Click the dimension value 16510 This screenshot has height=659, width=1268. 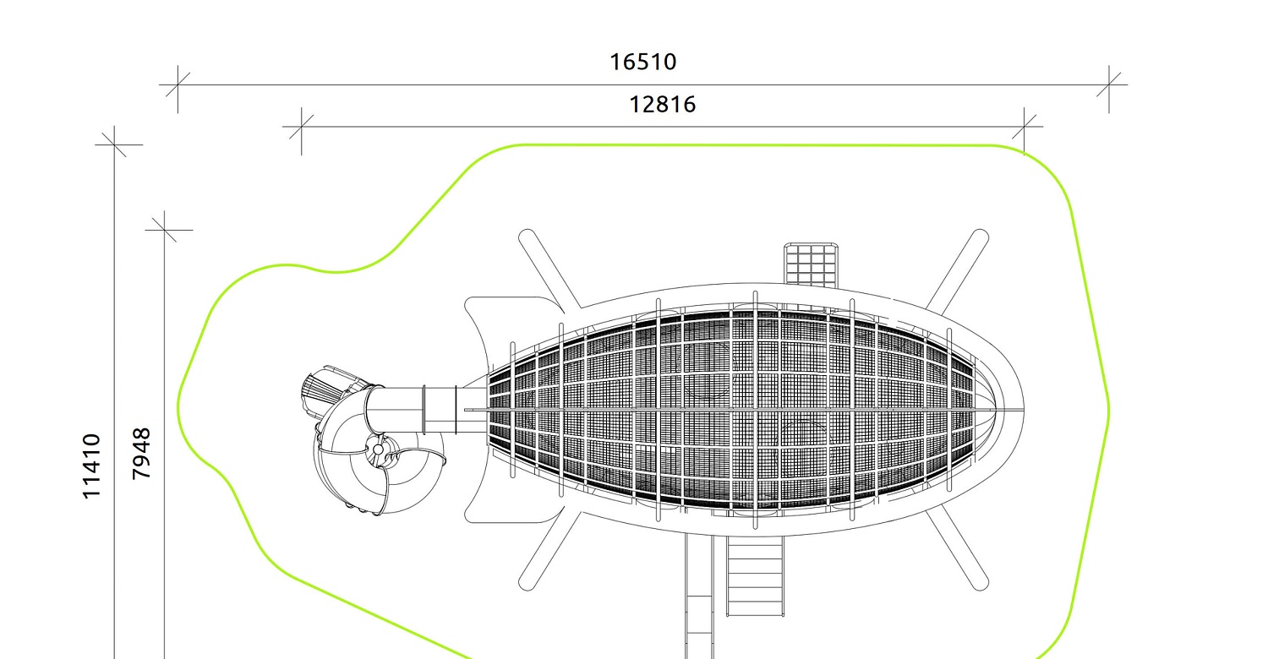click(x=642, y=62)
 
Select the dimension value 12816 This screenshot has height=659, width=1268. click(x=662, y=104)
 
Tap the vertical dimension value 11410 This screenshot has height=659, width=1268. click(x=91, y=466)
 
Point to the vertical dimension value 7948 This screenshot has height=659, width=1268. click(x=141, y=454)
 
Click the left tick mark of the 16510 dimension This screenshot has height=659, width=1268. click(x=178, y=84)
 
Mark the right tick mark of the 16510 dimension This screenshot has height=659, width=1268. click(x=1109, y=84)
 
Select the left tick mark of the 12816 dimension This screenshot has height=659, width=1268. click(x=301, y=127)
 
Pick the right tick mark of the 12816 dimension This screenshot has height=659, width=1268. click(x=1024, y=127)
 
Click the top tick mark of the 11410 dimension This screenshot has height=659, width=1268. click(x=114, y=144)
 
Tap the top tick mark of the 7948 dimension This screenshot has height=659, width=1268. click(x=164, y=230)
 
